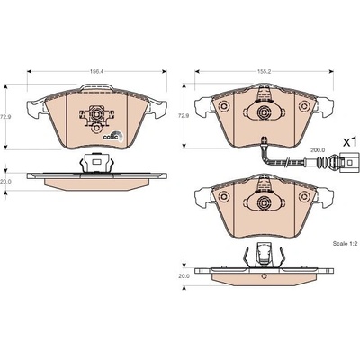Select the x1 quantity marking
tap(351, 142)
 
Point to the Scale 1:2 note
tap(344, 244)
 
